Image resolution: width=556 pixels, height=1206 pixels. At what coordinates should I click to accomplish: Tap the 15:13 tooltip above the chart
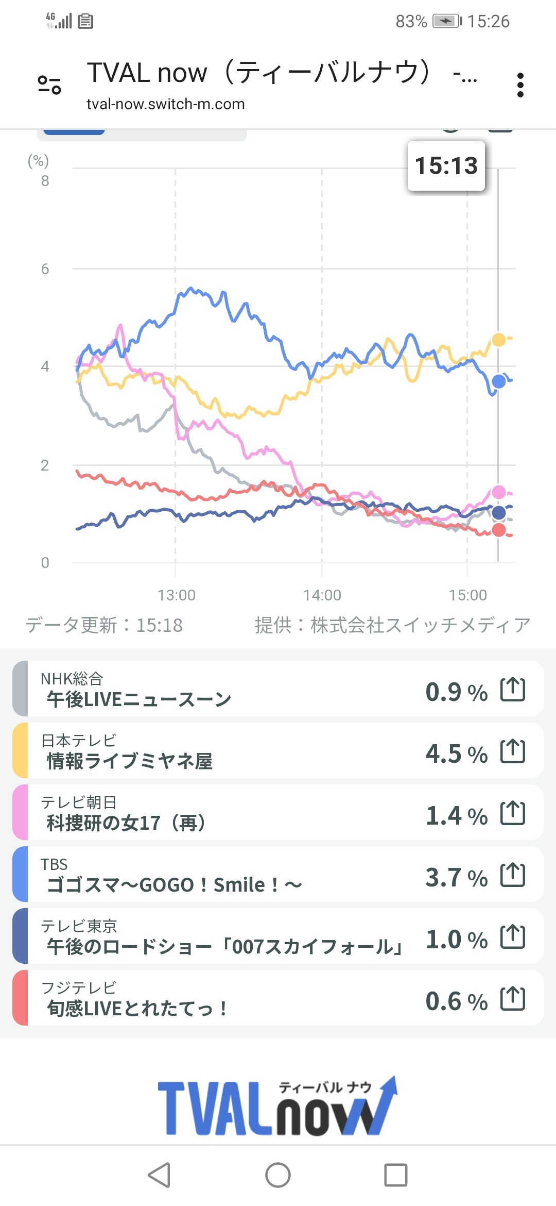coord(446,166)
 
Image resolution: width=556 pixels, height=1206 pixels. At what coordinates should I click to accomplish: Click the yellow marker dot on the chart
coord(498,340)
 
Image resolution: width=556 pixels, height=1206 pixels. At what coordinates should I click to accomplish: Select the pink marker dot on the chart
coord(498,492)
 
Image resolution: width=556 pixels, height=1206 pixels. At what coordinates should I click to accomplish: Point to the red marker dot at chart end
coord(498,530)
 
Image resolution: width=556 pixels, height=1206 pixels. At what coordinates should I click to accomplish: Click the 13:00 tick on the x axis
coord(177,595)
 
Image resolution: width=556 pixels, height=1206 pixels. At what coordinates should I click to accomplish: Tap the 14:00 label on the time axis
coord(322,595)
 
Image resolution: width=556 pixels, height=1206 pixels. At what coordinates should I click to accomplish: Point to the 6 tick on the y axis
coord(45,269)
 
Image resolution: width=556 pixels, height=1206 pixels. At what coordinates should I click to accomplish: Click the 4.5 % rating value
coord(456,753)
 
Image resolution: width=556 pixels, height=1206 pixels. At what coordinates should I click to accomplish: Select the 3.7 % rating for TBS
coord(456,877)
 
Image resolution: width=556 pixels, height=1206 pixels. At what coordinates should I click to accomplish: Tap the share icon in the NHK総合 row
coord(513,690)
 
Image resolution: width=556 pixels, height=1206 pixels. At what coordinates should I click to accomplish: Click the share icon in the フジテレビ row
coord(513,999)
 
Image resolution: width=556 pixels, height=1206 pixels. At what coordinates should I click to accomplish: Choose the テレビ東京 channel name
coord(79,926)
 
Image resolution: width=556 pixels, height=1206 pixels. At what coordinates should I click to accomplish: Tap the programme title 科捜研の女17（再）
coord(126,823)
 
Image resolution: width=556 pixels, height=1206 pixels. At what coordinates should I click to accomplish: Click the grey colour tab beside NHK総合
coord(20,689)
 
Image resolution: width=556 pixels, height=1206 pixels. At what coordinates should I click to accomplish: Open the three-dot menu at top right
coord(520,85)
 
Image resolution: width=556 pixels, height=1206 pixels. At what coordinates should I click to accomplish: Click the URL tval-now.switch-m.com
coord(165,104)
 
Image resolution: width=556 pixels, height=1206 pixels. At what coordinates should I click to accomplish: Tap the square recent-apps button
coord(395,1175)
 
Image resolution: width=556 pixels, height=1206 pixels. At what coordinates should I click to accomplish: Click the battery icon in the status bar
coord(446,21)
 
